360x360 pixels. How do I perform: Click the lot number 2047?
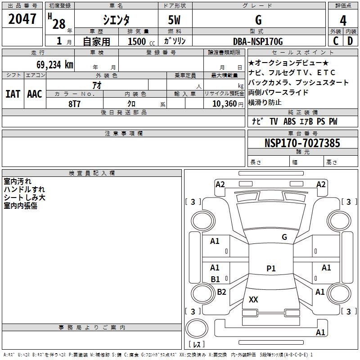(x=22, y=19)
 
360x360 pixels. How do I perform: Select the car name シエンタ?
(x=116, y=20)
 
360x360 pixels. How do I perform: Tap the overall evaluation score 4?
(x=343, y=20)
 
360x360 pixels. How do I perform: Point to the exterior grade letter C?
(x=336, y=41)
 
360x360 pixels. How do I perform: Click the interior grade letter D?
(x=350, y=41)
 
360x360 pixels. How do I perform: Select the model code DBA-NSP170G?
(x=258, y=41)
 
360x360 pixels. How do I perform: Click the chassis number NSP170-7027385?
(x=302, y=143)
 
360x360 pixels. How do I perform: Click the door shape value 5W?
(x=175, y=20)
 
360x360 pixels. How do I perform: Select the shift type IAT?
(x=13, y=94)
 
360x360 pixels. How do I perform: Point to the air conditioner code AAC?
(x=35, y=94)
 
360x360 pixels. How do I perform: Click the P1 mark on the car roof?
(x=271, y=269)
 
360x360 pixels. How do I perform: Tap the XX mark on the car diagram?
(x=253, y=300)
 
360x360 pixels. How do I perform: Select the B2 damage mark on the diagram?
(x=221, y=292)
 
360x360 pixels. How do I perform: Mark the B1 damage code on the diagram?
(x=215, y=279)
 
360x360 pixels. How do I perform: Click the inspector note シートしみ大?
(x=24, y=198)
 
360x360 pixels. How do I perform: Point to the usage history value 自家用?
(x=97, y=41)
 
